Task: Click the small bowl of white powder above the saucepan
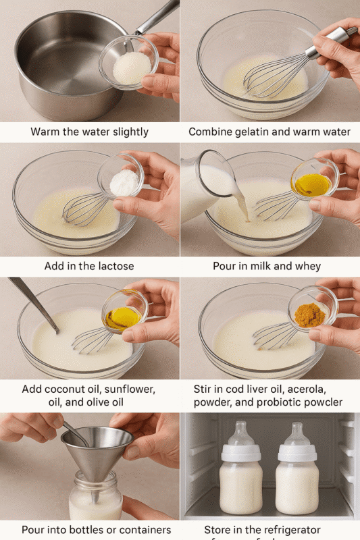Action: (131, 67)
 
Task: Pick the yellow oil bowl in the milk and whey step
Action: (313, 184)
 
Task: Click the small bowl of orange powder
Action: (311, 315)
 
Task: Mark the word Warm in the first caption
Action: (45, 132)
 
